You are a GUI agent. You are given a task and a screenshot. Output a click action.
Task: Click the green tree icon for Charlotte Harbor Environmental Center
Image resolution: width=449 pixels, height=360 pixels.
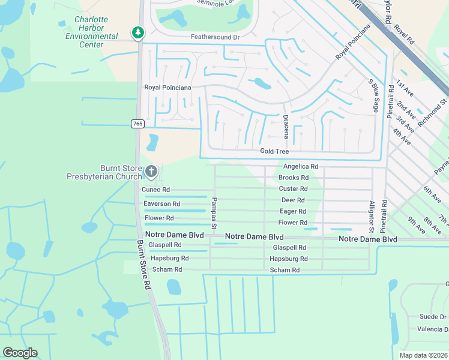(138, 32)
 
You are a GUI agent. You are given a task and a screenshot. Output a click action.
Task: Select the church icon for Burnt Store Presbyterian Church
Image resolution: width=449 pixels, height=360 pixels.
(151, 172)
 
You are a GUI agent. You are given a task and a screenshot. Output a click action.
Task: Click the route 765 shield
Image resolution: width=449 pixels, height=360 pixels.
(137, 124)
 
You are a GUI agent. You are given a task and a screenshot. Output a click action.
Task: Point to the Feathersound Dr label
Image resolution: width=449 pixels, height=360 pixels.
(215, 37)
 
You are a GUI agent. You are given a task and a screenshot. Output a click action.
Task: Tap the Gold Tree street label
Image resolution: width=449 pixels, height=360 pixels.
(274, 152)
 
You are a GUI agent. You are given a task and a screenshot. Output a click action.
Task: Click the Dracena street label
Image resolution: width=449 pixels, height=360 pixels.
(286, 127)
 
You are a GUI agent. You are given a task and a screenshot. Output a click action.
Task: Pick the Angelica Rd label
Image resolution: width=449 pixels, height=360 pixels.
(300, 167)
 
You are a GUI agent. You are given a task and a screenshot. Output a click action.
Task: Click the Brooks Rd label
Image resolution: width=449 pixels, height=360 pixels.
(294, 178)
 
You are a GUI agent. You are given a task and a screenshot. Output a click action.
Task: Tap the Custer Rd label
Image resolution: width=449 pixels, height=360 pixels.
(294, 189)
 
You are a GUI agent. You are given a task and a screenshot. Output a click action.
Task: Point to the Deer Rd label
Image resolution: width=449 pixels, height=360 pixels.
(293, 200)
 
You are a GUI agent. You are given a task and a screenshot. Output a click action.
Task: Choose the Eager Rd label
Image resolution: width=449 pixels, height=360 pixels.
(293, 211)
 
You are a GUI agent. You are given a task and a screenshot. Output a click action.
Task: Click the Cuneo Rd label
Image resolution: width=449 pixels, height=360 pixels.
(155, 190)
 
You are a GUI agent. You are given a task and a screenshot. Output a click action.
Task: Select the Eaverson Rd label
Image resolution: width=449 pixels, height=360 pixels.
(161, 205)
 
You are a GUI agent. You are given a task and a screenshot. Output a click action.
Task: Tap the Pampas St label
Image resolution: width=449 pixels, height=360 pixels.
(214, 212)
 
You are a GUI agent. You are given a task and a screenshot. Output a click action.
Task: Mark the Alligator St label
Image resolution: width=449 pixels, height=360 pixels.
(372, 217)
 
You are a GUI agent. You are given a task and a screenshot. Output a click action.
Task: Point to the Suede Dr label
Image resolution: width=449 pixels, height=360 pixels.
(433, 317)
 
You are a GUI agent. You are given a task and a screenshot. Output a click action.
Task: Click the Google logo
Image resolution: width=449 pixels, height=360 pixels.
(20, 353)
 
